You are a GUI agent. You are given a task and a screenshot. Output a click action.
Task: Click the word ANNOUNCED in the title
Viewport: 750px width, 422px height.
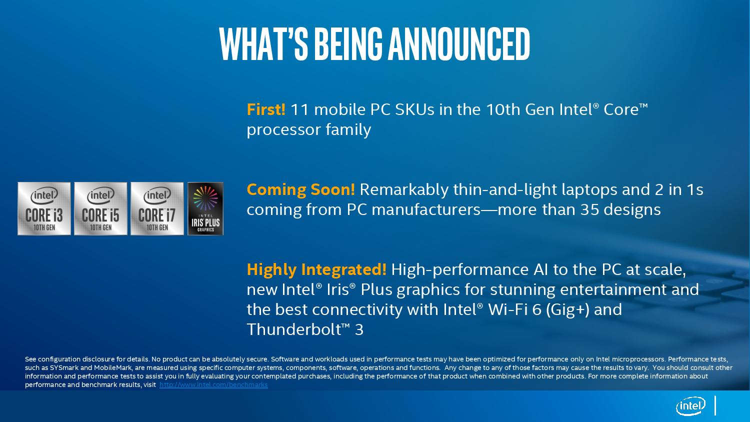tap(459, 44)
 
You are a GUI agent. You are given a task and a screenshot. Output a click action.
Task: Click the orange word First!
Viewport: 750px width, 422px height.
tap(266, 109)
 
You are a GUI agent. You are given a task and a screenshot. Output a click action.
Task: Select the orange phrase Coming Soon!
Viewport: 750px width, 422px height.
tap(300, 189)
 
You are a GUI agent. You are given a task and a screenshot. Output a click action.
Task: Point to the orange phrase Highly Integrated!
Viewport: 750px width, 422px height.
tap(316, 269)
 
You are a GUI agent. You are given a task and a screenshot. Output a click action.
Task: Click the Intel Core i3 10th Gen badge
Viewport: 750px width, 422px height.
tap(44, 208)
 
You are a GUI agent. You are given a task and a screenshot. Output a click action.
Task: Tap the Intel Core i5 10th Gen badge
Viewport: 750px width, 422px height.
tap(100, 208)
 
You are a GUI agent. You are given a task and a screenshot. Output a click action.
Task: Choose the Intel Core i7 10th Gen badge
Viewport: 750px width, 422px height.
tap(157, 208)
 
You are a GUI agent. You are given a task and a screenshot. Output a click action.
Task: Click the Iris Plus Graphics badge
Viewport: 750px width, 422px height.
tap(205, 208)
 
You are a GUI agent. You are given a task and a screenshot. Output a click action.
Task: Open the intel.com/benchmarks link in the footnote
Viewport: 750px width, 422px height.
tap(213, 385)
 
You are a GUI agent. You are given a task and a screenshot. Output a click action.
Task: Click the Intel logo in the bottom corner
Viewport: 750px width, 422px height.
tap(690, 406)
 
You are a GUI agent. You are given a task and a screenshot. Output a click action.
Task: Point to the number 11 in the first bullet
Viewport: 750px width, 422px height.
tap(299, 110)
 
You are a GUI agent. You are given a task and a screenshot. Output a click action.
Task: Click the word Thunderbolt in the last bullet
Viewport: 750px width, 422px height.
tap(293, 329)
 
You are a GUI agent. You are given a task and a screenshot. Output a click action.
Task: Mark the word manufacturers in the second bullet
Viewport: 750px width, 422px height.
tap(426, 210)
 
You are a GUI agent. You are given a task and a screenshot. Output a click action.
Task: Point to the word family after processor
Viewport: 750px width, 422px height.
tap(348, 130)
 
